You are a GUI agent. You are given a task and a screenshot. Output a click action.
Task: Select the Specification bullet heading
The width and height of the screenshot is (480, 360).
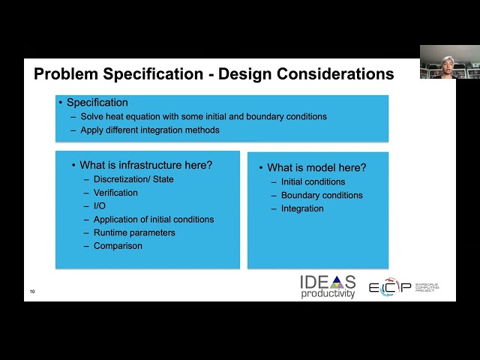tap(97, 103)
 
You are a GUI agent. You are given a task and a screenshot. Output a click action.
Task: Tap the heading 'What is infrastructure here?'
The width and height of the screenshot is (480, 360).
tap(145, 165)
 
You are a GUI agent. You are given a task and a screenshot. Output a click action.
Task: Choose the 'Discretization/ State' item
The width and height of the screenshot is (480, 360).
tap(133, 179)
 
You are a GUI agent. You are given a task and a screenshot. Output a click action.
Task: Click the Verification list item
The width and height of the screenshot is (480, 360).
tap(115, 193)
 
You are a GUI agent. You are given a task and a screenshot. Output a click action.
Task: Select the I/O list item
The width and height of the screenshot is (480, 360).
tap(100, 206)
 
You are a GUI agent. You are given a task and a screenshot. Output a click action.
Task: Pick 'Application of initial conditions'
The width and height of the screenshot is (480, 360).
tap(154, 220)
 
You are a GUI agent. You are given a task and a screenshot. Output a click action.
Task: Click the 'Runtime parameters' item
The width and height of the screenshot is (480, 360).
tap(134, 232)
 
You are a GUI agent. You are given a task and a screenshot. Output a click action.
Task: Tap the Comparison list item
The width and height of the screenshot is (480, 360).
tap(118, 246)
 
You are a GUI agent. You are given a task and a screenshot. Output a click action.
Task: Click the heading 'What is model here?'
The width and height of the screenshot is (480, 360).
tap(316, 168)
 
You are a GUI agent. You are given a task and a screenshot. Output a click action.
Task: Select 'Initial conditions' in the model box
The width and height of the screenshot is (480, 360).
tap(313, 181)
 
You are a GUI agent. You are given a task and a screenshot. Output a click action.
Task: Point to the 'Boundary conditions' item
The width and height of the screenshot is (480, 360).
tap(322, 195)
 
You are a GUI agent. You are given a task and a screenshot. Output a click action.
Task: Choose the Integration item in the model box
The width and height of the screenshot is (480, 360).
tap(302, 208)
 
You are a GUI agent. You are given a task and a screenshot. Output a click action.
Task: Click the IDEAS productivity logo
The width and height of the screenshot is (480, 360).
tap(328, 286)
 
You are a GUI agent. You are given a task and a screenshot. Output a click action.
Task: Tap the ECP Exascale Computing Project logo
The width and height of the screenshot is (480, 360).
tap(403, 287)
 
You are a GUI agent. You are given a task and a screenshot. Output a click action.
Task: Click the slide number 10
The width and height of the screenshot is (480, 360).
tap(32, 291)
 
